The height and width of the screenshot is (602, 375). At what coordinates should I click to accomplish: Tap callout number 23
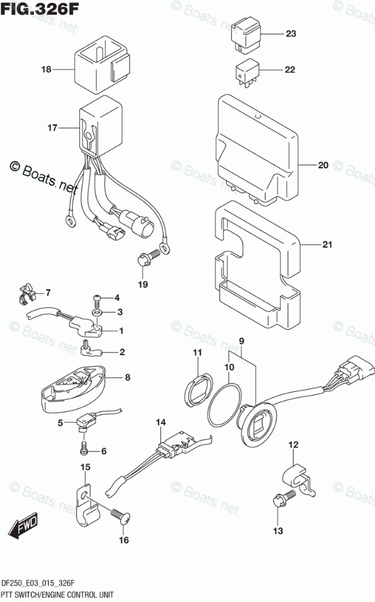pyautogui.click(x=290, y=34)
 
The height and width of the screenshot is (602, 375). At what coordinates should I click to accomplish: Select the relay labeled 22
pyautogui.click(x=247, y=71)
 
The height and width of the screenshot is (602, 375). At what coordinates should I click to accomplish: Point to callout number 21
pyautogui.click(x=328, y=245)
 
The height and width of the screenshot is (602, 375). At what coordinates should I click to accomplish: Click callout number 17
pyautogui.click(x=52, y=129)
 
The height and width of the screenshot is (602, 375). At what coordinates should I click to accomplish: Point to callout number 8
pyautogui.click(x=127, y=378)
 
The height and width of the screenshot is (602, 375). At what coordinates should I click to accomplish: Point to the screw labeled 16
pyautogui.click(x=119, y=514)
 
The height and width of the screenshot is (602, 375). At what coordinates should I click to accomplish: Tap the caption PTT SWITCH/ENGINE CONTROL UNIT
pyautogui.click(x=57, y=593)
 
